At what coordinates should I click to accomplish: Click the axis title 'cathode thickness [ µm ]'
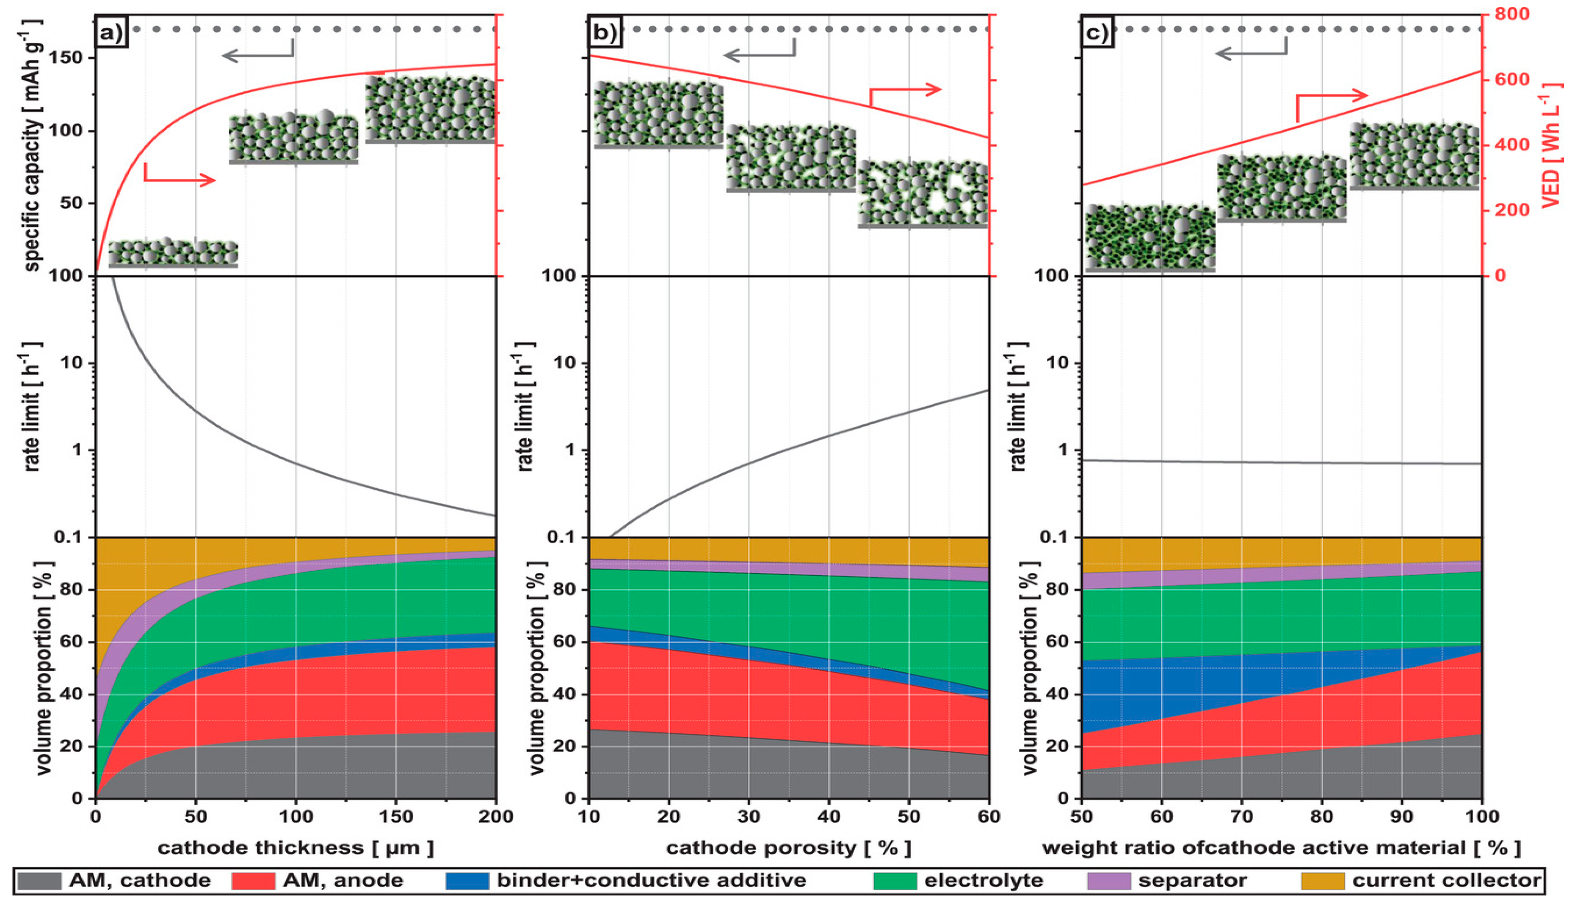296,848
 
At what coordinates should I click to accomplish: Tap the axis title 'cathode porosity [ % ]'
789,848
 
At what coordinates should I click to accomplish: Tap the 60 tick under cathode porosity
988,816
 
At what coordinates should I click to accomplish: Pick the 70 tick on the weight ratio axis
1241,816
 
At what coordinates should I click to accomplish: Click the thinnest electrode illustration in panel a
173,253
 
